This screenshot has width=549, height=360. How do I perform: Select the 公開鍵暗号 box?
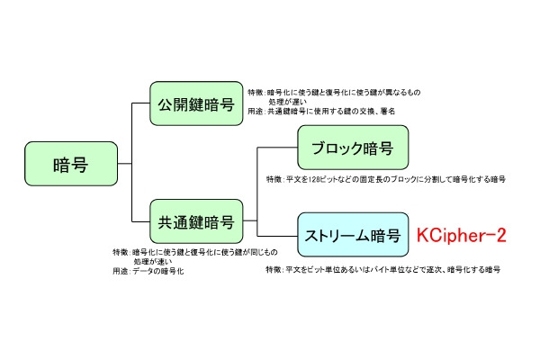point(196,103)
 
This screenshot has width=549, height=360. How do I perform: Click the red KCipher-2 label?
point(461,236)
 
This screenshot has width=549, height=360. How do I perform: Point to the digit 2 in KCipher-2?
point(499,236)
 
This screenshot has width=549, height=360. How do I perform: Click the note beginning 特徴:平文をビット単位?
point(382,269)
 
